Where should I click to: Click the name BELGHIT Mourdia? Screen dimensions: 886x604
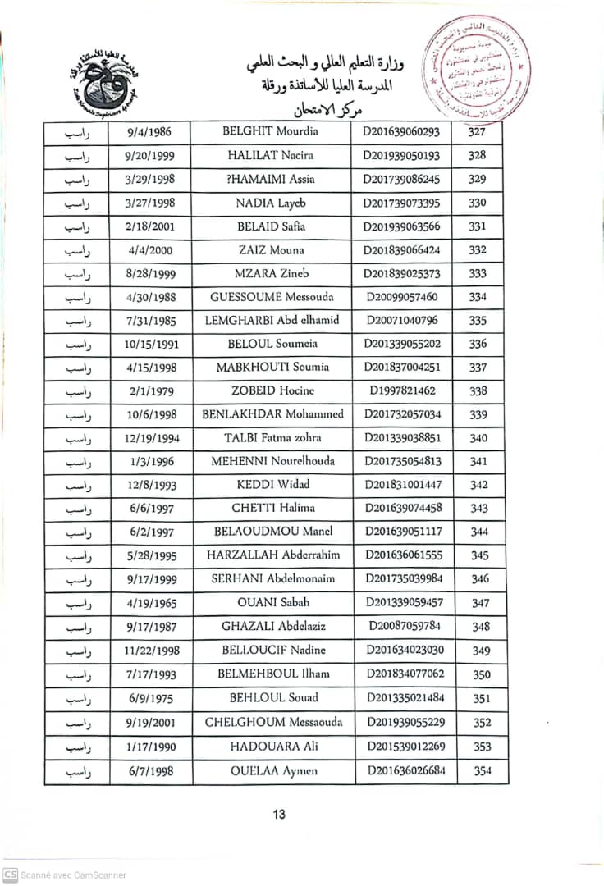pos(270,131)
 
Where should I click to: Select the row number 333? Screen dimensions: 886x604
pos(478,273)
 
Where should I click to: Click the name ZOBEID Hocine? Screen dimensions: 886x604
pos(272,391)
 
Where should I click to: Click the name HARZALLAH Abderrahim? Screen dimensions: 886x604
pos(273,555)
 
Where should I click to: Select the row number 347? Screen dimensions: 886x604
pos(481,603)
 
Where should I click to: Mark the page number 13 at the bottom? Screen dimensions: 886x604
pos(279,815)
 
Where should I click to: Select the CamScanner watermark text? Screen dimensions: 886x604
pos(73,875)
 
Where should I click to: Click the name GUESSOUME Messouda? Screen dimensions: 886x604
pos(272,297)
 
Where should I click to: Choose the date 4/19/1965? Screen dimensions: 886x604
pos(151,603)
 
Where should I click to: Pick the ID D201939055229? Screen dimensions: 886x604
pos(405,723)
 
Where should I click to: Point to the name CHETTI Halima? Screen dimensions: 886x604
pos(273,509)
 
